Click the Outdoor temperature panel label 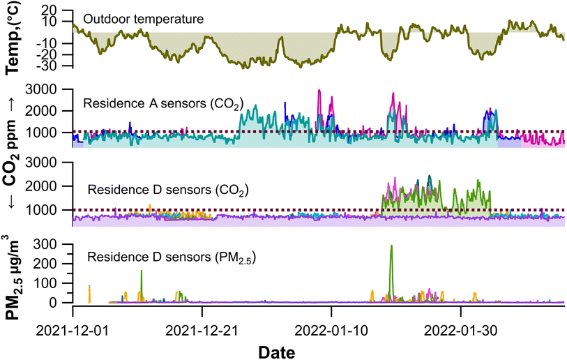[143, 19]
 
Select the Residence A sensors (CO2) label [162, 104]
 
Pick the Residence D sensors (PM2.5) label [172, 256]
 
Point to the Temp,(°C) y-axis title [13, 40]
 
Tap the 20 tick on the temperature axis [49, 12]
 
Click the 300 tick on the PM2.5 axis [46, 244]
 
